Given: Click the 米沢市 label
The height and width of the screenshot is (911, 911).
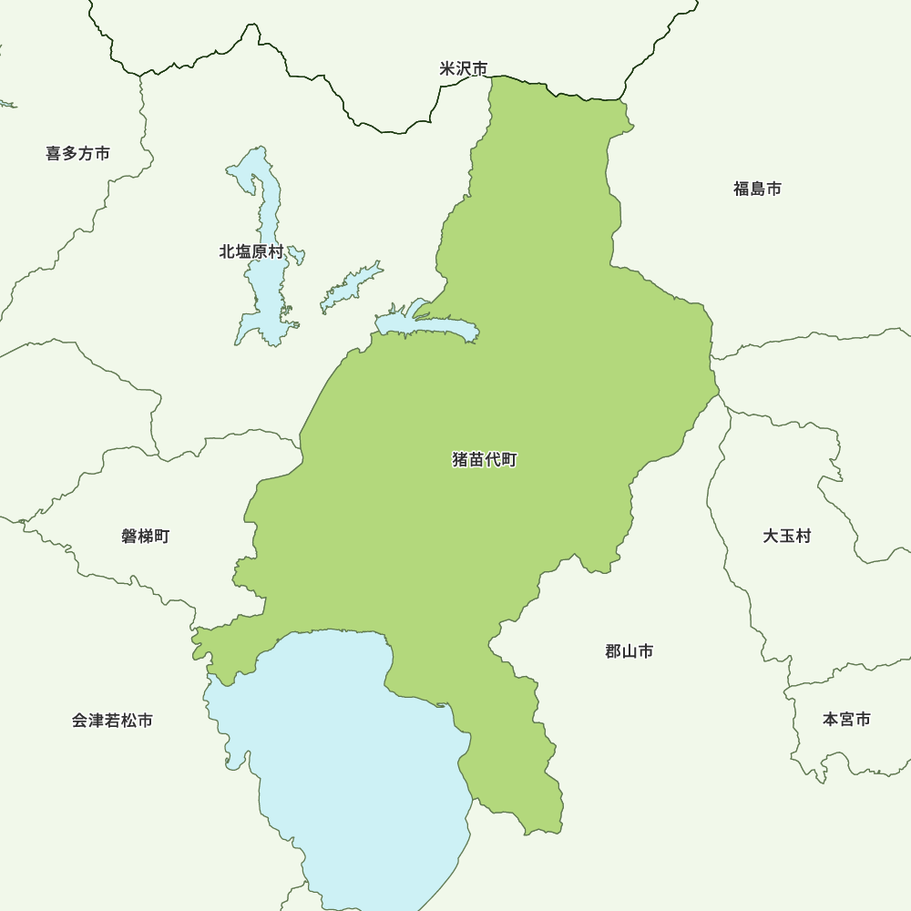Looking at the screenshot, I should tap(464, 69).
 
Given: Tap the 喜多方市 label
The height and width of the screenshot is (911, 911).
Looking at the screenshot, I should tap(78, 154).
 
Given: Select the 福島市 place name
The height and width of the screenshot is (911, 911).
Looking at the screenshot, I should tap(757, 189).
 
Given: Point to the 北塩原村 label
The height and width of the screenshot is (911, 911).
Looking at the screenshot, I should tap(251, 252).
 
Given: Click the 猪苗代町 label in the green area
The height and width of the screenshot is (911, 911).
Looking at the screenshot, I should tap(484, 460).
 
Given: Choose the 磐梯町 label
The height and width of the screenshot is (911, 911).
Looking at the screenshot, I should tap(146, 537).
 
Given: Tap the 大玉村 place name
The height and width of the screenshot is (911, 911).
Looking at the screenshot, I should tap(787, 537).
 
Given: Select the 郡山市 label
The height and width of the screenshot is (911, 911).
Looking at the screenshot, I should tap(629, 651).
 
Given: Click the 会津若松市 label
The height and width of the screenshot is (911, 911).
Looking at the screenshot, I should tap(112, 721).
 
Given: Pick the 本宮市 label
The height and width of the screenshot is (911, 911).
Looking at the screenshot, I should tap(846, 720).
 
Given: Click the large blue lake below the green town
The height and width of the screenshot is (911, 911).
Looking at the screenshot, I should tap(364, 774).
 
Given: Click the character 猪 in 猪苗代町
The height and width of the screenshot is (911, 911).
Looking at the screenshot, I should tap(460, 460).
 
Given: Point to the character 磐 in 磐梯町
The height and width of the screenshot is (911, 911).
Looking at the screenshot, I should tap(130, 537).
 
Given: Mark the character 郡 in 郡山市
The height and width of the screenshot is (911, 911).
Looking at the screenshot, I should tap(613, 651).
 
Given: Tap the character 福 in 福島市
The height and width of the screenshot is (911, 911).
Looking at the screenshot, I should tap(742, 189).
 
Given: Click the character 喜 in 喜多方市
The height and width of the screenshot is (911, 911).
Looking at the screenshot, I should tap(54, 154).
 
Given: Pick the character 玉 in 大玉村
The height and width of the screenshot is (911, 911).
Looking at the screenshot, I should tap(787, 537).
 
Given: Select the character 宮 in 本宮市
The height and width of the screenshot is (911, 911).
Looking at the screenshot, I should tap(846, 720).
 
